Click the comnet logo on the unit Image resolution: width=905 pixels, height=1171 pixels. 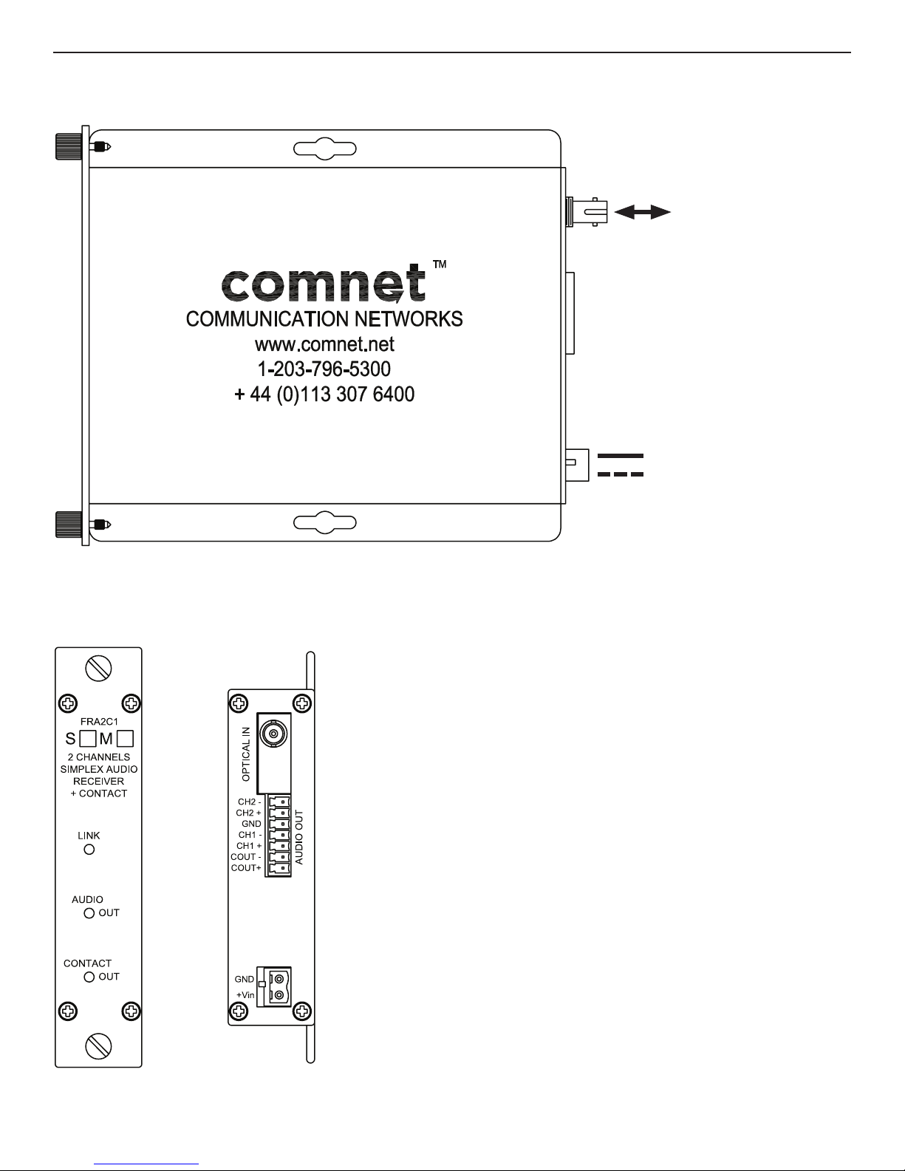[325, 285]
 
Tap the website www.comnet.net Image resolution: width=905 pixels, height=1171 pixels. [324, 344]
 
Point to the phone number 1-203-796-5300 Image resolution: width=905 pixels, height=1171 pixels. [324, 369]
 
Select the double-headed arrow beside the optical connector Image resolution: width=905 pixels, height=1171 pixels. [642, 213]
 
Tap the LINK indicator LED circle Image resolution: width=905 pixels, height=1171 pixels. [89, 850]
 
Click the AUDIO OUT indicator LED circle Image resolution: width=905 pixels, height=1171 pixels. [89, 913]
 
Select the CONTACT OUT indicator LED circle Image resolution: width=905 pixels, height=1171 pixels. [89, 977]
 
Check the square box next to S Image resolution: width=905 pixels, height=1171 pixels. [88, 737]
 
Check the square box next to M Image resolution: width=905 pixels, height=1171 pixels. [125, 737]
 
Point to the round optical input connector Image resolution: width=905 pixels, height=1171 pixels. [273, 734]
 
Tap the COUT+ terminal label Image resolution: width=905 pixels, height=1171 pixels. [246, 867]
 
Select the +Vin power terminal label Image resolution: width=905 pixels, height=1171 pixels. [245, 995]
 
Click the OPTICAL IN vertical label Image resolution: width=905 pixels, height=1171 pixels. [247, 754]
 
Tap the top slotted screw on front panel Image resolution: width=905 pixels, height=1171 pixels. [98, 669]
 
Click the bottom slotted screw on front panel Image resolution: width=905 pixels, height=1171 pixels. [98, 1045]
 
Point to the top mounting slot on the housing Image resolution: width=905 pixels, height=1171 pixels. [325, 148]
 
